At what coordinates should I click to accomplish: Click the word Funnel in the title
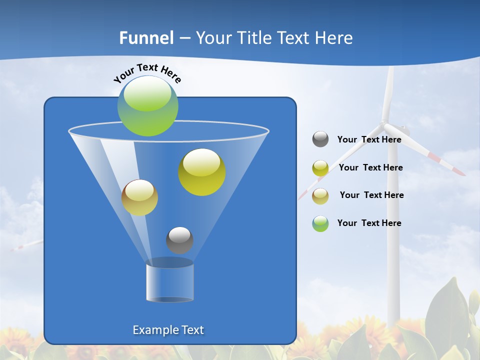[146, 38]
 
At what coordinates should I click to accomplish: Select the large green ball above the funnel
[148, 106]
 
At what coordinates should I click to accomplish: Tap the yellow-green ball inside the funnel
[202, 172]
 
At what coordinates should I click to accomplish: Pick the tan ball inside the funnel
[139, 197]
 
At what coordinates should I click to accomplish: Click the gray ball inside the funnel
[179, 240]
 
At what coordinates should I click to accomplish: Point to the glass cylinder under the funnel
[169, 282]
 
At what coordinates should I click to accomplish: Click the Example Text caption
[168, 330]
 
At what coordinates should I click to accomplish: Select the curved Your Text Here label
[147, 72]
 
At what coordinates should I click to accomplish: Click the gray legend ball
[320, 139]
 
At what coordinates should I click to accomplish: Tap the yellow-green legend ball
[320, 168]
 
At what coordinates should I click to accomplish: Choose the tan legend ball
[320, 196]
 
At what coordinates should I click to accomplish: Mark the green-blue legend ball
[320, 223]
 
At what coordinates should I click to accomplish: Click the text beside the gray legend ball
[369, 140]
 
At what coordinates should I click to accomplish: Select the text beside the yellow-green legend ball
[370, 168]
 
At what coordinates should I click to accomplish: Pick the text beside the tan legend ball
[371, 195]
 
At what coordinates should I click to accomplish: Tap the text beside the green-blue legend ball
[369, 223]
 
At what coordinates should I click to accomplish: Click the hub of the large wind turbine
[384, 122]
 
